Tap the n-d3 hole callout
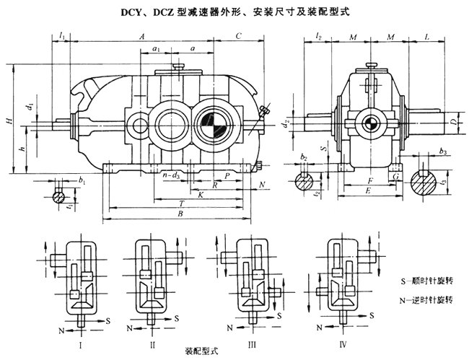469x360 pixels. tap(172, 175)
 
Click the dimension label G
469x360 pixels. tap(395, 175)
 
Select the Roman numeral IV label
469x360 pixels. tap(343, 346)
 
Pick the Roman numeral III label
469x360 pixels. tap(252, 346)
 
